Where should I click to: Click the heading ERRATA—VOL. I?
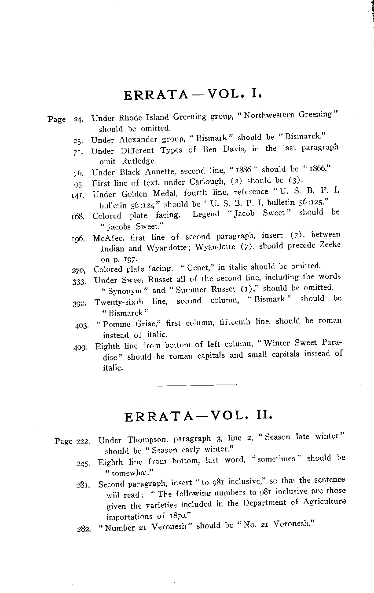pos(193,95)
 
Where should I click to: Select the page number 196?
pos(78,239)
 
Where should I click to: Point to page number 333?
pos(78,281)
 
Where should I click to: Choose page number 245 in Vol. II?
pos(83,462)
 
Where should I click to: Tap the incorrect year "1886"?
pos(240,170)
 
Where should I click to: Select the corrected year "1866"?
pos(315,169)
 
